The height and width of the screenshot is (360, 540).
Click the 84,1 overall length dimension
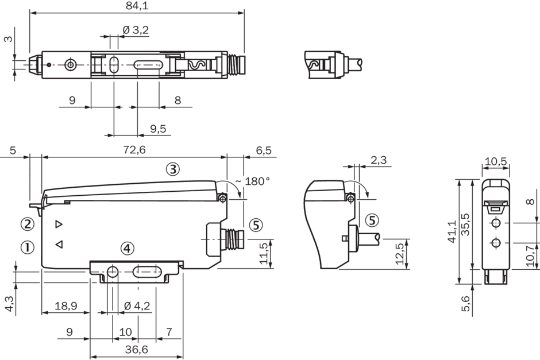pos(136,6)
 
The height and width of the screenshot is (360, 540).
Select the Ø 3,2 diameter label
pos(136,30)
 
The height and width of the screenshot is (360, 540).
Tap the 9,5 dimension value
pos(157,129)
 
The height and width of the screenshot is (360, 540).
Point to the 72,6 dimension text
pos(133,150)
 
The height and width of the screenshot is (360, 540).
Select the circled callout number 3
pos(173,169)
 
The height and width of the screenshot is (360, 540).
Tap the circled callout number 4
pos(127,248)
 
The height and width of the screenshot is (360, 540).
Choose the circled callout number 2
pos(28,223)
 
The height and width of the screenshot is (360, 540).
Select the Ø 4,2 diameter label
pos(137,305)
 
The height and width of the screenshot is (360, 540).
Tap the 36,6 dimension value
pos(136,349)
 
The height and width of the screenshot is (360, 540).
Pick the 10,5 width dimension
pos(495,161)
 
